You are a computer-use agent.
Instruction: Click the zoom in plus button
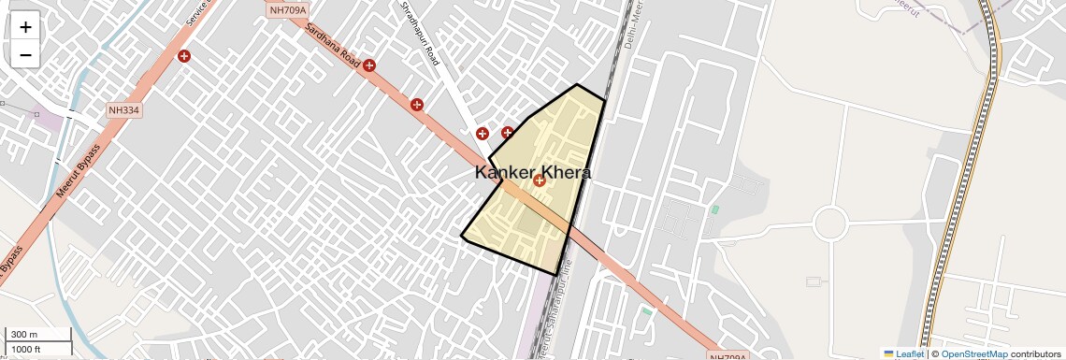25,27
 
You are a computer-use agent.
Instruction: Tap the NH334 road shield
123,110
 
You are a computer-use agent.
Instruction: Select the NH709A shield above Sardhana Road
288,10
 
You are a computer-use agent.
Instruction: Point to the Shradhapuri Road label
420,34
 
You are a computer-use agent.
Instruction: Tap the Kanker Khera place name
532,173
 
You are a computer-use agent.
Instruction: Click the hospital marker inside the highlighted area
540,180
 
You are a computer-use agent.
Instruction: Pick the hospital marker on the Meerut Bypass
184,56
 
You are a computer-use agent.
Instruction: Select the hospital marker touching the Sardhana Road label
369,65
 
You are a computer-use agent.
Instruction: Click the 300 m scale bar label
24,335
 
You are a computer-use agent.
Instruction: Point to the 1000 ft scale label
26,349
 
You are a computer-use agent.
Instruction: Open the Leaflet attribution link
909,353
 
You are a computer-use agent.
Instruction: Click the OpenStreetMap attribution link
973,353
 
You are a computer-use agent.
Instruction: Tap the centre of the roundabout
829,224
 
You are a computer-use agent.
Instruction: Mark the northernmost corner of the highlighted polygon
576,85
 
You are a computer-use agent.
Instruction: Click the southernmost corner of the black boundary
557,275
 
